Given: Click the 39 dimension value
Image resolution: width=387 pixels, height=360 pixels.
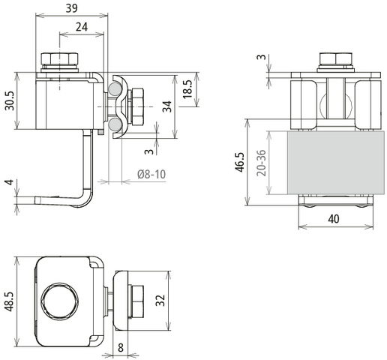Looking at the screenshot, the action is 72,8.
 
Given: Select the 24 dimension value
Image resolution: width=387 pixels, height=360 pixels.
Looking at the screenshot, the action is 82,27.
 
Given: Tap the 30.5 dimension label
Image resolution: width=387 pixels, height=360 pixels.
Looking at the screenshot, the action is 10,100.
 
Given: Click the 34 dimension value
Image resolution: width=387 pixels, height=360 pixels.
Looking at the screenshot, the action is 167,106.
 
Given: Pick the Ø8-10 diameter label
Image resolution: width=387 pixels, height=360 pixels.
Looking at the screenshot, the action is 151,174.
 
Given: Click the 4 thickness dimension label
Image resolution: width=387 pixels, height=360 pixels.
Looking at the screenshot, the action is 10,182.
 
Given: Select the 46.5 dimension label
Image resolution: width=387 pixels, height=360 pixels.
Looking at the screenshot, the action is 239,162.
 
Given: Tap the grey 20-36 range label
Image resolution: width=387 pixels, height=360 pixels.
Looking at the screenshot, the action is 261,163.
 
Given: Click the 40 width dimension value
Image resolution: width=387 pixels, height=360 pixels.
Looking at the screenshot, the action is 334,219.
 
